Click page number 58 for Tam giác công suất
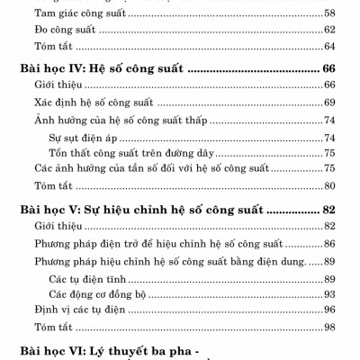coord(329,13)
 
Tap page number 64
coord(329,46)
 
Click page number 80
coord(329,186)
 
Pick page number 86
coord(329,243)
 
